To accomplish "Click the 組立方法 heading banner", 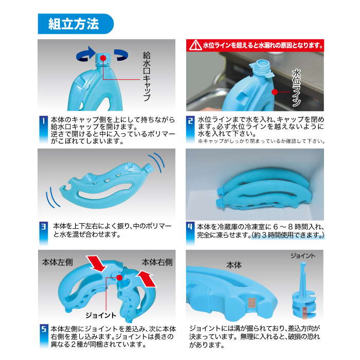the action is [x=76, y=24].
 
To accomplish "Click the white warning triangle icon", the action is [x=195, y=45].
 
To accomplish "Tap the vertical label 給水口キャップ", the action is [x=147, y=77].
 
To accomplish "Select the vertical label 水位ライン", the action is [x=296, y=88].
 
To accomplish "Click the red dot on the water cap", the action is [x=103, y=58].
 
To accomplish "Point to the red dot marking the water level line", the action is [x=275, y=92].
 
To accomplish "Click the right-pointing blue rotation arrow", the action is [x=86, y=53].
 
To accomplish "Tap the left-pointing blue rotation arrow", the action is [x=121, y=55].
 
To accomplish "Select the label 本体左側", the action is [x=58, y=262].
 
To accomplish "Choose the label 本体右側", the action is [x=157, y=262].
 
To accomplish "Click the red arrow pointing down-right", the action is [x=96, y=263].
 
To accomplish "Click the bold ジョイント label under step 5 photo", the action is [x=101, y=315].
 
